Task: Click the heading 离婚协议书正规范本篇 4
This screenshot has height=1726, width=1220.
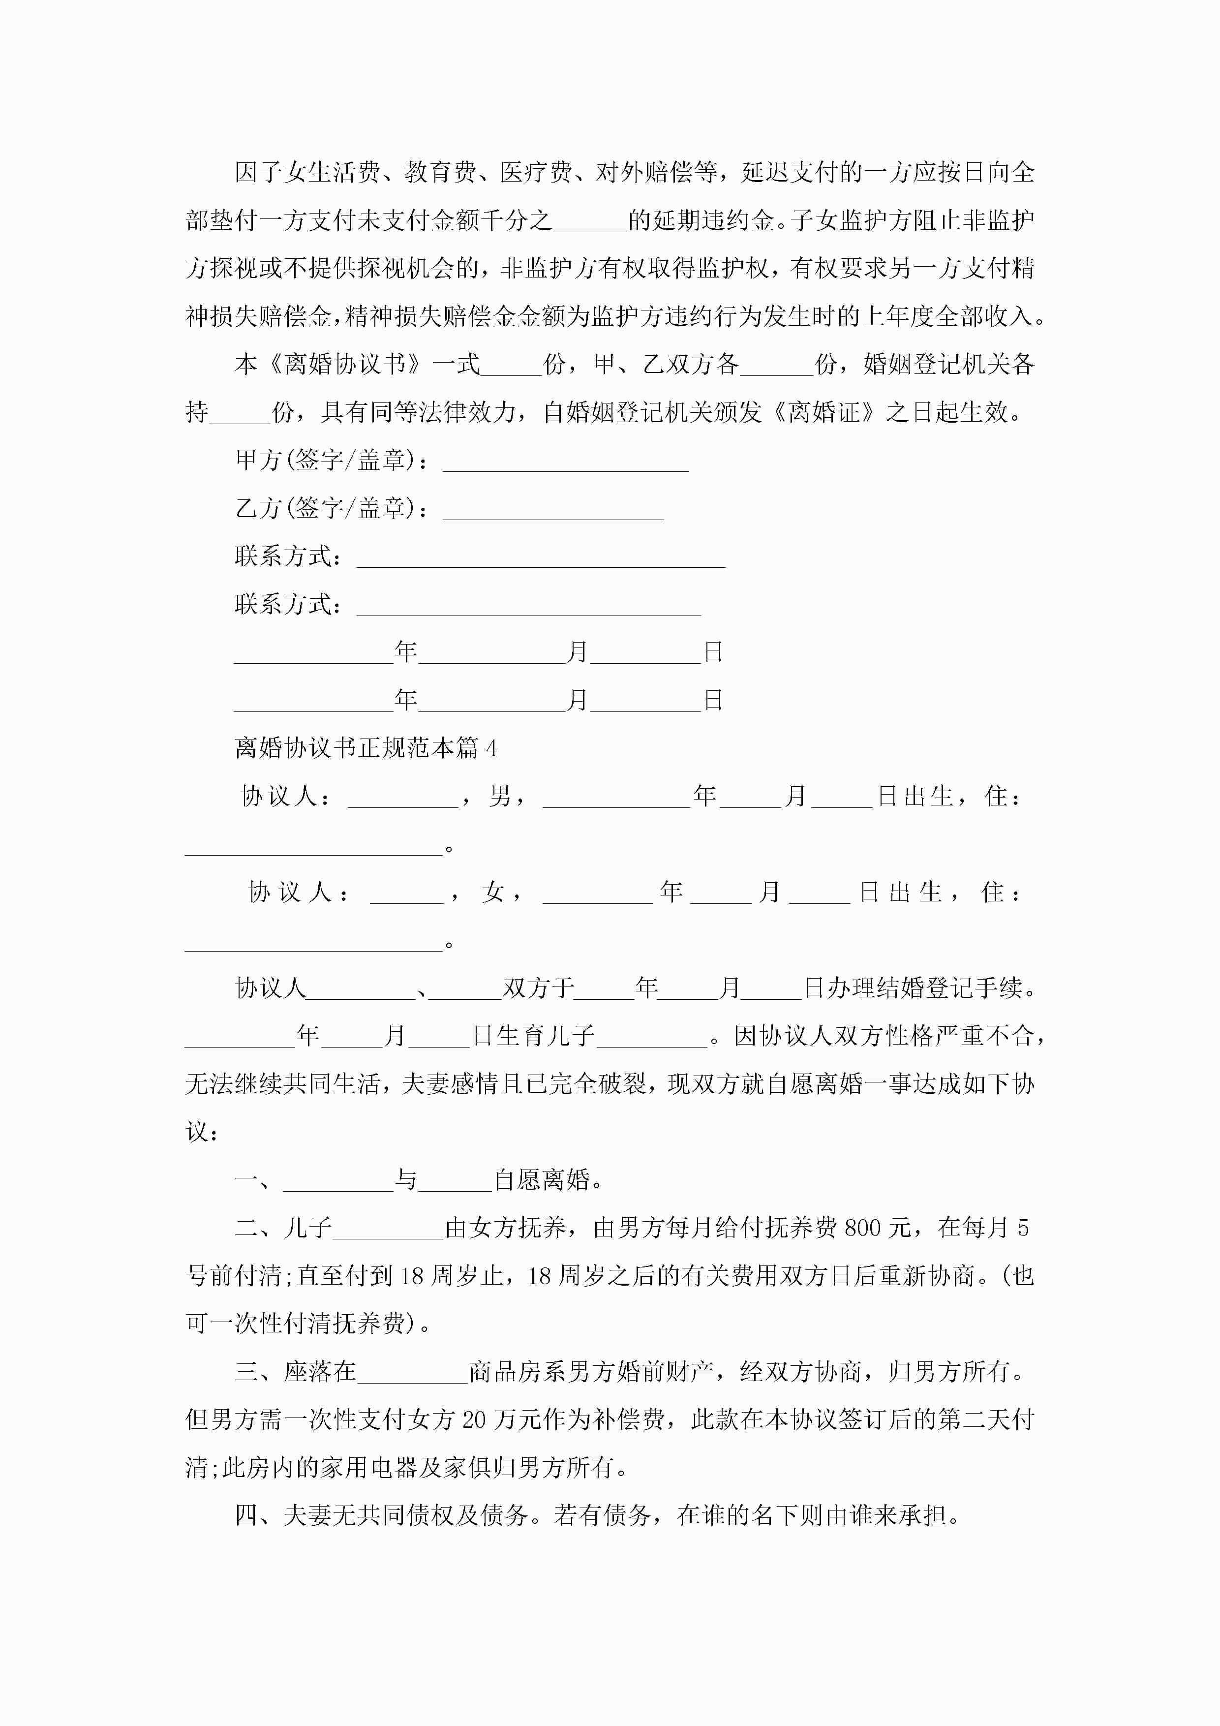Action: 366,748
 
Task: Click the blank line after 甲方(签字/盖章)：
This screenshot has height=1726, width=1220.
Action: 565,462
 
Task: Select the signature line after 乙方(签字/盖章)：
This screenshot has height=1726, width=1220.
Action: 553,510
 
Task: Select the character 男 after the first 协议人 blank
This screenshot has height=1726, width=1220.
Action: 500,796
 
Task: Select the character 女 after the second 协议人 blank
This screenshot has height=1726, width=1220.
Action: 494,893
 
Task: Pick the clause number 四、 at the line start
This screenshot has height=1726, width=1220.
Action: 258,1515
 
